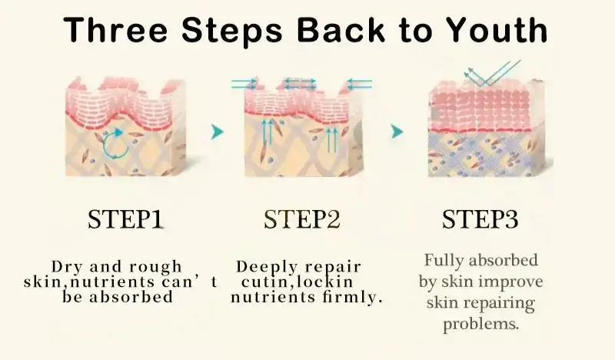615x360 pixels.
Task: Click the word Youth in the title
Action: tap(497, 30)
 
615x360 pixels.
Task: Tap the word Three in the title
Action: tap(116, 30)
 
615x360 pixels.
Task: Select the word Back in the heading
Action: tap(341, 30)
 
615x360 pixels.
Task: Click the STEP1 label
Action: tap(125, 219)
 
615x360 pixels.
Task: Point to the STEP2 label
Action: tap(301, 219)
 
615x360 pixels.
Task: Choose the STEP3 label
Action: tap(480, 219)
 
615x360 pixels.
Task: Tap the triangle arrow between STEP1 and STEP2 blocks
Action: tap(217, 132)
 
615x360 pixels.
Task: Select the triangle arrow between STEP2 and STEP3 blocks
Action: tap(397, 131)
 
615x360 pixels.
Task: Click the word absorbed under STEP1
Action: tap(131, 297)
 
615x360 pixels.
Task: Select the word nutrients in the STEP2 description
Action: tap(273, 297)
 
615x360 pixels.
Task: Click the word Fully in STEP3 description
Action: tap(444, 260)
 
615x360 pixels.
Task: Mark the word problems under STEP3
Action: tap(481, 325)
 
